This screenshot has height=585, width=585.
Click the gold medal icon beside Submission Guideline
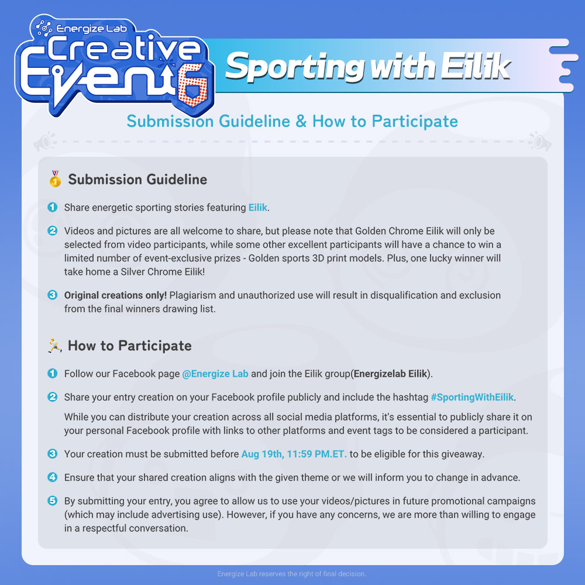tap(55, 178)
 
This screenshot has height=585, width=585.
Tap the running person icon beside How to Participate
tap(55, 346)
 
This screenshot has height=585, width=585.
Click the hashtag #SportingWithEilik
tap(472, 397)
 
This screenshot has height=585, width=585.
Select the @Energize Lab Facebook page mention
tap(215, 374)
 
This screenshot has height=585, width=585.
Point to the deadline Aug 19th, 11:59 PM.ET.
tap(294, 454)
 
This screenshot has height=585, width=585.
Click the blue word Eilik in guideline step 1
tap(258, 208)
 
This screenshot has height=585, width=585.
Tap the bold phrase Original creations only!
tap(115, 295)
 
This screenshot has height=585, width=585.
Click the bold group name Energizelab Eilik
tap(390, 374)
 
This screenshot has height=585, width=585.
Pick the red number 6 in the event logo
tap(192, 85)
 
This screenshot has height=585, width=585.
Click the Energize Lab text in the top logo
tap(91, 29)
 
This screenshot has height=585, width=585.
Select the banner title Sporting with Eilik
tap(368, 67)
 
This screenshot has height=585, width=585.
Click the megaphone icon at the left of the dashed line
tap(44, 142)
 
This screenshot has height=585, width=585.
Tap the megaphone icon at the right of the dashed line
tap(540, 142)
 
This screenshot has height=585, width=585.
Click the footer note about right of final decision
tap(292, 574)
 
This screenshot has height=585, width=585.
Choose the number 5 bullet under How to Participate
tap(53, 501)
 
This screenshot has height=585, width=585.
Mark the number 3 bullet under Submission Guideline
tap(53, 295)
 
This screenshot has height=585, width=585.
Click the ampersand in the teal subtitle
tap(301, 122)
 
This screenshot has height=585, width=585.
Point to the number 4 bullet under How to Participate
tap(53, 477)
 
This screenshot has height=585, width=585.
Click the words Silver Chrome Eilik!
tap(163, 271)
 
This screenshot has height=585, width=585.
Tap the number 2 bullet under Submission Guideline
tap(53, 230)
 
